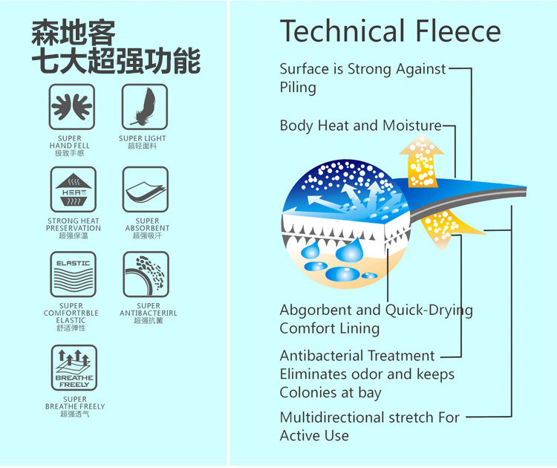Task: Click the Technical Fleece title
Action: pos(390,31)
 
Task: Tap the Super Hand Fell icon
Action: pos(71,107)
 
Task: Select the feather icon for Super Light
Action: pos(144,107)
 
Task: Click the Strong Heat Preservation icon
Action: pos(73,189)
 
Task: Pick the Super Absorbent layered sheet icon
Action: pos(146,189)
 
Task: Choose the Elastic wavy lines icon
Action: pos(73,274)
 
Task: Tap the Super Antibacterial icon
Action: pos(146,274)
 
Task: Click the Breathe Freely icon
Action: pos(74,368)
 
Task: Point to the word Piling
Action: pos(298,88)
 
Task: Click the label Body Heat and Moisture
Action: pos(360,126)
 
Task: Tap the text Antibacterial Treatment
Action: pos(357,356)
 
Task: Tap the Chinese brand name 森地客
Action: pos(74,33)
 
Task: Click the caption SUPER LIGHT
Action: pos(143,138)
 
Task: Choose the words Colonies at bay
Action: pos(330,393)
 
